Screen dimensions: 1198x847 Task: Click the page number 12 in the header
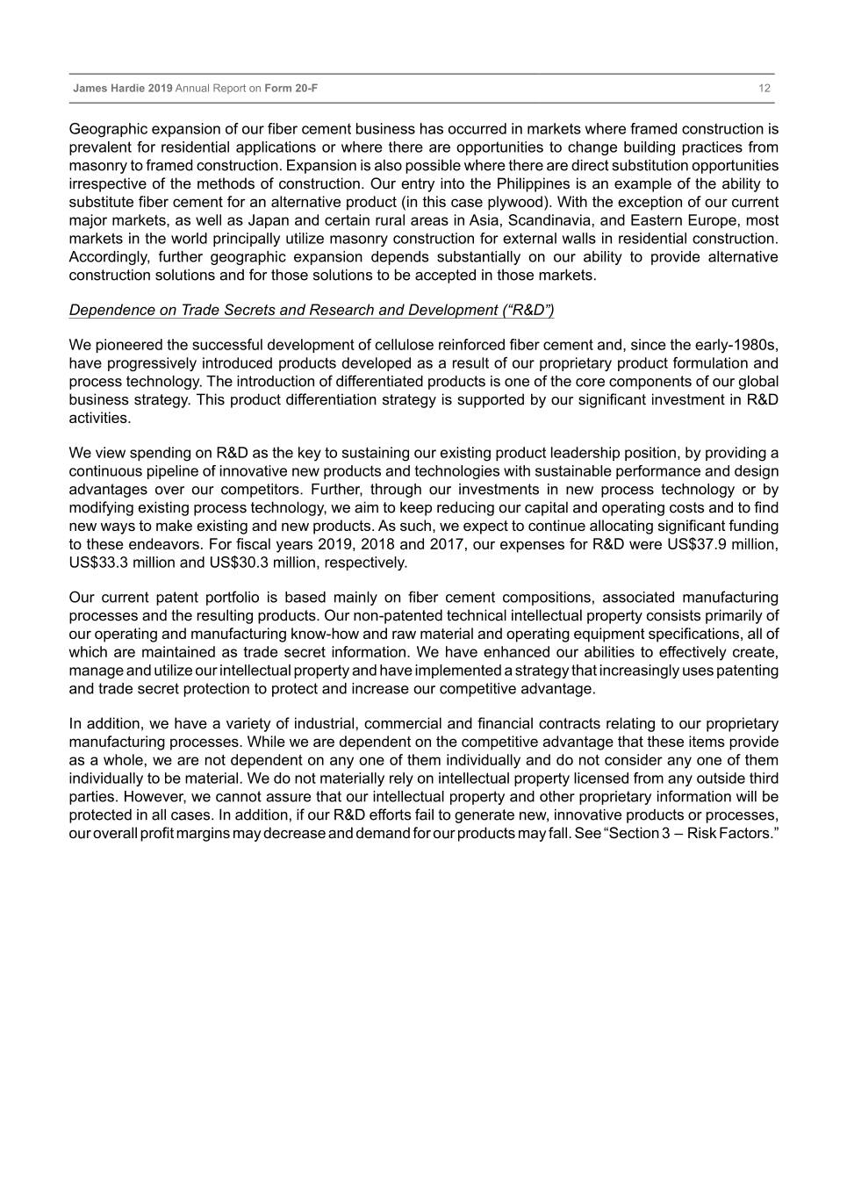[x=764, y=89]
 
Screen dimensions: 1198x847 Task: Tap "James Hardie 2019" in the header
[x=123, y=89]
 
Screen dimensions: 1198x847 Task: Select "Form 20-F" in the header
[x=291, y=89]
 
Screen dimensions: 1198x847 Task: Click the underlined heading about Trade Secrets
[x=312, y=310]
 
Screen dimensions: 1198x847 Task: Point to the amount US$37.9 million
[x=716, y=544]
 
